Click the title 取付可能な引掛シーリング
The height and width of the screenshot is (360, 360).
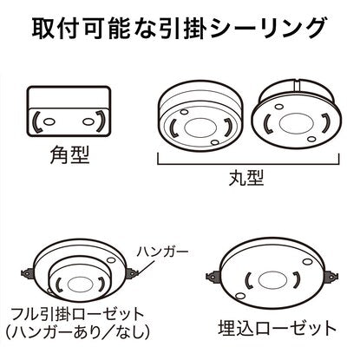point(179,28)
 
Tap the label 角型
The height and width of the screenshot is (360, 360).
point(69,154)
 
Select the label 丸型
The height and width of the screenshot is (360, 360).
point(246,178)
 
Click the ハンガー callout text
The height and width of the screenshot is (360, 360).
point(162,252)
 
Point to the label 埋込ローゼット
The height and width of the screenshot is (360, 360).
point(277,328)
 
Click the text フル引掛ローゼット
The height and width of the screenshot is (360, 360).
point(77,315)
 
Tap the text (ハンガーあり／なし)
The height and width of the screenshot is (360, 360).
point(78,332)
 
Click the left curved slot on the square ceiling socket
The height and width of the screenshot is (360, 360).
point(36,121)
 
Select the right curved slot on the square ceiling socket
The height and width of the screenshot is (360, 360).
point(101,121)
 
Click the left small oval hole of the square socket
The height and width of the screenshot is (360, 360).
point(49,121)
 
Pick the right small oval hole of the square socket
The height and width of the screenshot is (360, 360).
point(88,121)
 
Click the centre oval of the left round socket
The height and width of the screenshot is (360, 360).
point(200,128)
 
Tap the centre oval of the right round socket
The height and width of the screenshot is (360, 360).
point(297,122)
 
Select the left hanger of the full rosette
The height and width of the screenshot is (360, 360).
point(29,272)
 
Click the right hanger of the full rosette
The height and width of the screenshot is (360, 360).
point(133,273)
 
